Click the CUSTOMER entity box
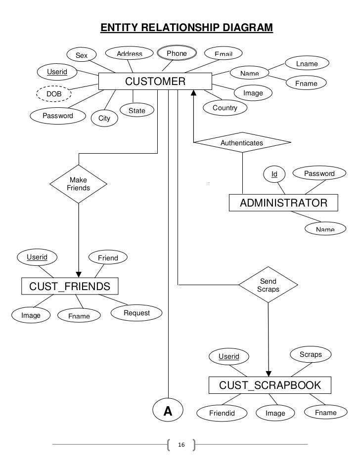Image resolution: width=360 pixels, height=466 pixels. (155, 82)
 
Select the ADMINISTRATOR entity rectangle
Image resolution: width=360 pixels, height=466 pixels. (283, 203)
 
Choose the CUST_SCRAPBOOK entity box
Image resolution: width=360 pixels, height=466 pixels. (270, 385)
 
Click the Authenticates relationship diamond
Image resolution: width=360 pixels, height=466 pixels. (242, 143)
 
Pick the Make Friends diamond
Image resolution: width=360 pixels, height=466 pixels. (79, 184)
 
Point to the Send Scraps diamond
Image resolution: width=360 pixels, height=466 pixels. (268, 285)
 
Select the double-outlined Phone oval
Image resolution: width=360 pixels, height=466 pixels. (177, 53)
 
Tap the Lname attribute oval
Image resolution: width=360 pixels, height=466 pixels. (307, 64)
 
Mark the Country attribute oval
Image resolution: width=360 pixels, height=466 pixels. (225, 108)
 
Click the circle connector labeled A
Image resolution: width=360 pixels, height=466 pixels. (168, 411)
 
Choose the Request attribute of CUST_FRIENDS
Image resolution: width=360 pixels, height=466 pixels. (136, 313)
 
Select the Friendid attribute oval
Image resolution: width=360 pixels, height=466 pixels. (221, 413)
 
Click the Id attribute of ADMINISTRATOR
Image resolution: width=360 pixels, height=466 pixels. (274, 174)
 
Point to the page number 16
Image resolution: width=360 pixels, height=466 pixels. (181, 445)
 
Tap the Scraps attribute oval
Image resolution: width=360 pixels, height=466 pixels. (311, 354)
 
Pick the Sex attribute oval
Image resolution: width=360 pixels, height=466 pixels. (82, 55)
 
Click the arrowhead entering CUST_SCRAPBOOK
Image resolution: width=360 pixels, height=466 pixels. (269, 373)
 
